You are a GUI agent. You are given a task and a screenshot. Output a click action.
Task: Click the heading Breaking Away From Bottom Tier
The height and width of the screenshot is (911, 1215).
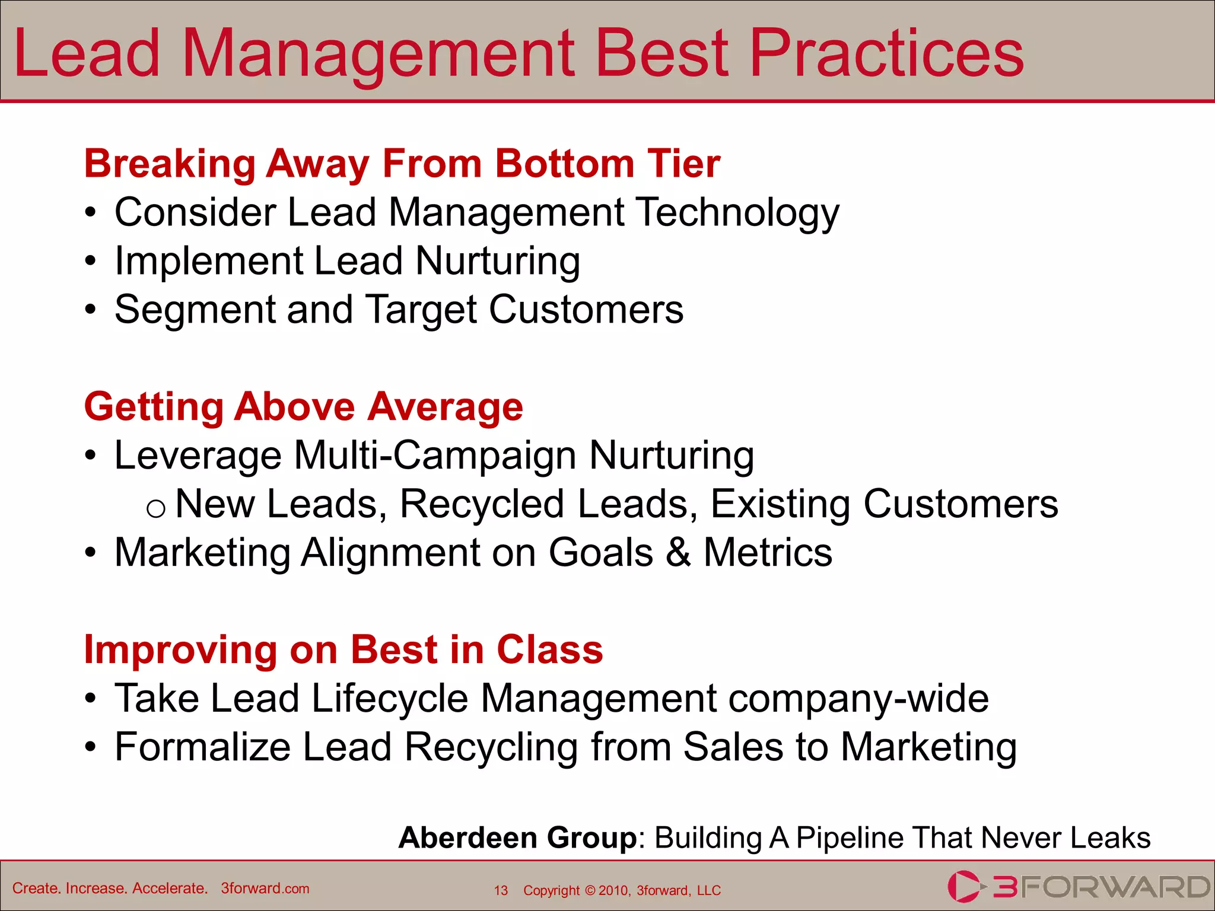pos(402,163)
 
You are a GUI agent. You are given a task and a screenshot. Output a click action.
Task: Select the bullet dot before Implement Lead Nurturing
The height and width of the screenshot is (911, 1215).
pos(90,261)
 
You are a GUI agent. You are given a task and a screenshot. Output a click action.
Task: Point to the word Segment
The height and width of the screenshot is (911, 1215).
pos(195,310)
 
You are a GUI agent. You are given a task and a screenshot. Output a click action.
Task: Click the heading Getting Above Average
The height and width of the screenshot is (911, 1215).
pos(303,407)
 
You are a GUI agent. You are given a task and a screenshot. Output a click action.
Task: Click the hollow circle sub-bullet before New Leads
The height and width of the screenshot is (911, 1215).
pos(155,508)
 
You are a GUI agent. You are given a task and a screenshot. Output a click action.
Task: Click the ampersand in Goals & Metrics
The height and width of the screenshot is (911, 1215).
pos(678,553)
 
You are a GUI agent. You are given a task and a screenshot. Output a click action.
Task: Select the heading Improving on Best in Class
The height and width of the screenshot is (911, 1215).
pos(343,649)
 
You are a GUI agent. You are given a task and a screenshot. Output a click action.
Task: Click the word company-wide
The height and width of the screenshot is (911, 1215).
pos(858,698)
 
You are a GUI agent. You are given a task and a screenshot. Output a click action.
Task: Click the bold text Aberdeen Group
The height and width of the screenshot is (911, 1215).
pos(517,838)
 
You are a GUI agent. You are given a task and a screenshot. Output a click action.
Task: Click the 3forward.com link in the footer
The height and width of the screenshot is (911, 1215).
pos(265,888)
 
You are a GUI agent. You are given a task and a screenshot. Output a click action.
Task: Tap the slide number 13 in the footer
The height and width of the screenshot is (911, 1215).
pos(501,891)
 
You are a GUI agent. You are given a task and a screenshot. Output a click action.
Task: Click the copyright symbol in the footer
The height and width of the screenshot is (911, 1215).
pos(590,891)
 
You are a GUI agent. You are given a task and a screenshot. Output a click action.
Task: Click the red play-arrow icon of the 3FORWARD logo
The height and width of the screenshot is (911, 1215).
pos(962,887)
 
